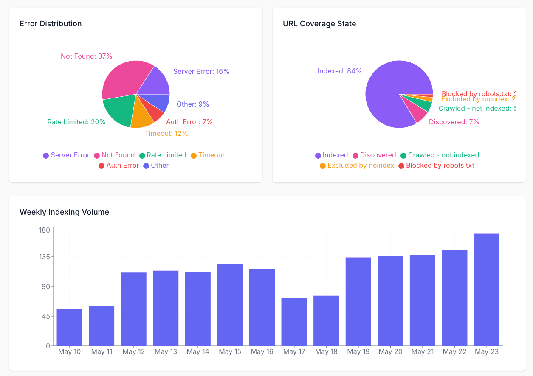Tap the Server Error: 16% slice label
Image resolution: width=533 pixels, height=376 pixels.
[201, 72]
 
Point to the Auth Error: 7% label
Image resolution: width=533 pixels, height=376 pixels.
[189, 122]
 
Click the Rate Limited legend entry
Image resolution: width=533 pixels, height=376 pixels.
[163, 155]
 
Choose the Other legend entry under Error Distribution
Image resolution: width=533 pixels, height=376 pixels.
[156, 166]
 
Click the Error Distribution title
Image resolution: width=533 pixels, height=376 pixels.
[51, 24]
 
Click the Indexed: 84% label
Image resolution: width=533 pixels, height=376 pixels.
[339, 71]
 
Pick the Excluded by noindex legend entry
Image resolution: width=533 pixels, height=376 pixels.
[357, 166]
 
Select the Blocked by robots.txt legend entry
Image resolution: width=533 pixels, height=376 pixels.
[436, 166]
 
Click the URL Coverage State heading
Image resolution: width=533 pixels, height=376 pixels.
[319, 24]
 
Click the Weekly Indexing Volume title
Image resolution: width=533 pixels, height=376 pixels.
[64, 212]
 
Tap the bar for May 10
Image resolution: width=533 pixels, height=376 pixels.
[69, 327]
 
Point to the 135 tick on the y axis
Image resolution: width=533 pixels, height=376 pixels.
[44, 257]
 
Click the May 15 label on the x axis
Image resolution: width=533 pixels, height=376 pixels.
[230, 352]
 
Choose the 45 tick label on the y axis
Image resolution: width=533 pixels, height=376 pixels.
[46, 316]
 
